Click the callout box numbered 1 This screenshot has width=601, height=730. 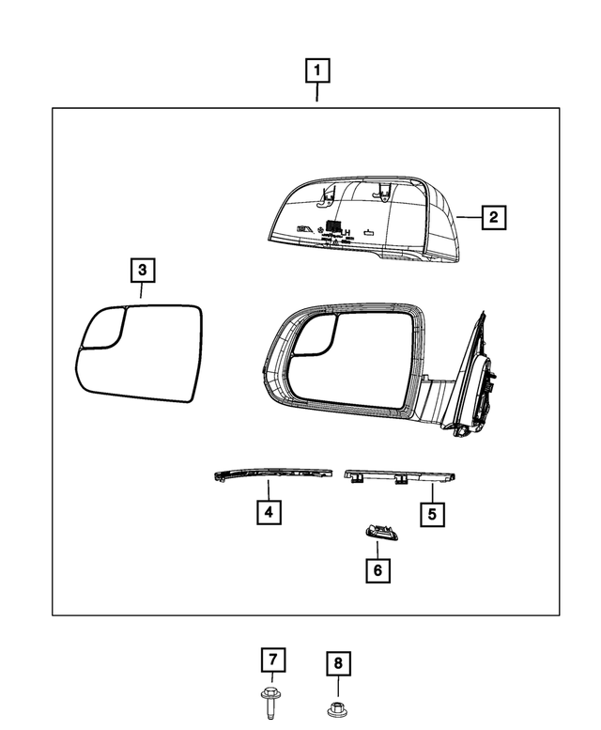[x=316, y=70]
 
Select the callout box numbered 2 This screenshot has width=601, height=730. [x=494, y=217]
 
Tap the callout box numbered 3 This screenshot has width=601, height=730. [x=142, y=271]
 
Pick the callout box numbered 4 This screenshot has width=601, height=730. [x=269, y=513]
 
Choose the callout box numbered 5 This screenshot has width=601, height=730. [x=432, y=514]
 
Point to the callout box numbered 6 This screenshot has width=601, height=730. [x=378, y=569]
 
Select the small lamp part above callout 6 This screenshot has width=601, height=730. [x=378, y=533]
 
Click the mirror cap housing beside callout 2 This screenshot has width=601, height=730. [x=366, y=221]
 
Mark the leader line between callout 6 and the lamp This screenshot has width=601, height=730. [x=378, y=550]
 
